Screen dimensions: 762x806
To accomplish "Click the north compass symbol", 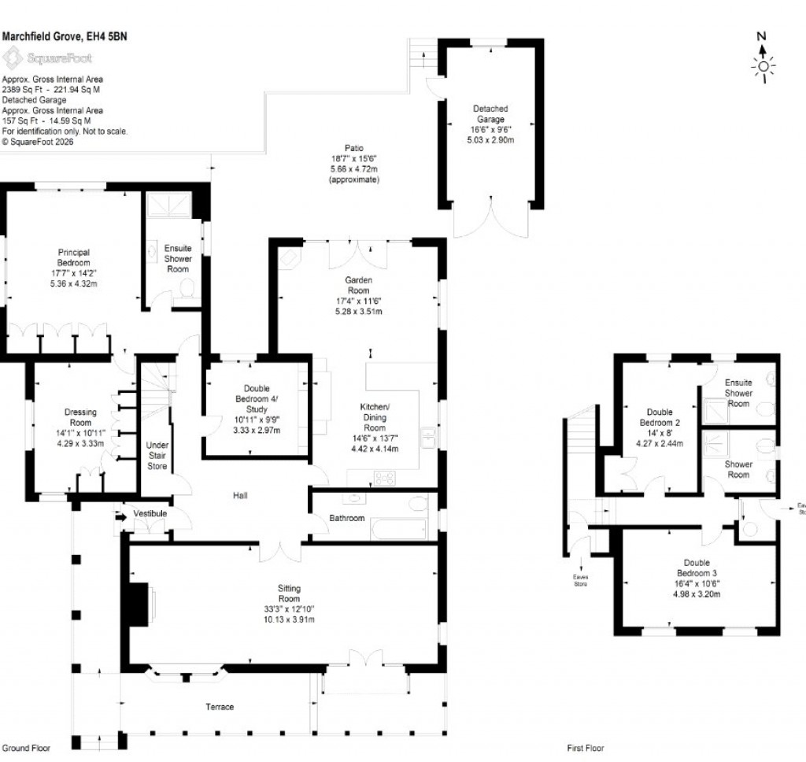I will click(762, 60).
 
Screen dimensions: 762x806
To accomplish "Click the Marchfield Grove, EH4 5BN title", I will click(64, 36).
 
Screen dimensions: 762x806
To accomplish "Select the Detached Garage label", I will click(490, 114).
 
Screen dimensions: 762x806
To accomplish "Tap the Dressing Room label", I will click(80, 417).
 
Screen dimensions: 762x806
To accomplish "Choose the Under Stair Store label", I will click(157, 455).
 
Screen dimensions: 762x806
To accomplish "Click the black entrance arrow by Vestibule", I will click(120, 517).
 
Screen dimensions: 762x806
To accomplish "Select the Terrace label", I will click(220, 707).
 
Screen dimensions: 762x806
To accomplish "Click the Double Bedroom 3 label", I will click(696, 568).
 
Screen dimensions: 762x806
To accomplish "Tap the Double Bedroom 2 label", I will click(660, 417).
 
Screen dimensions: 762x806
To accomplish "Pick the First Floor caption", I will click(586, 749).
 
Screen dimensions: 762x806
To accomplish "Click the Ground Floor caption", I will click(26, 749).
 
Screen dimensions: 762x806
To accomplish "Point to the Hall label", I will click(240, 495).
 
